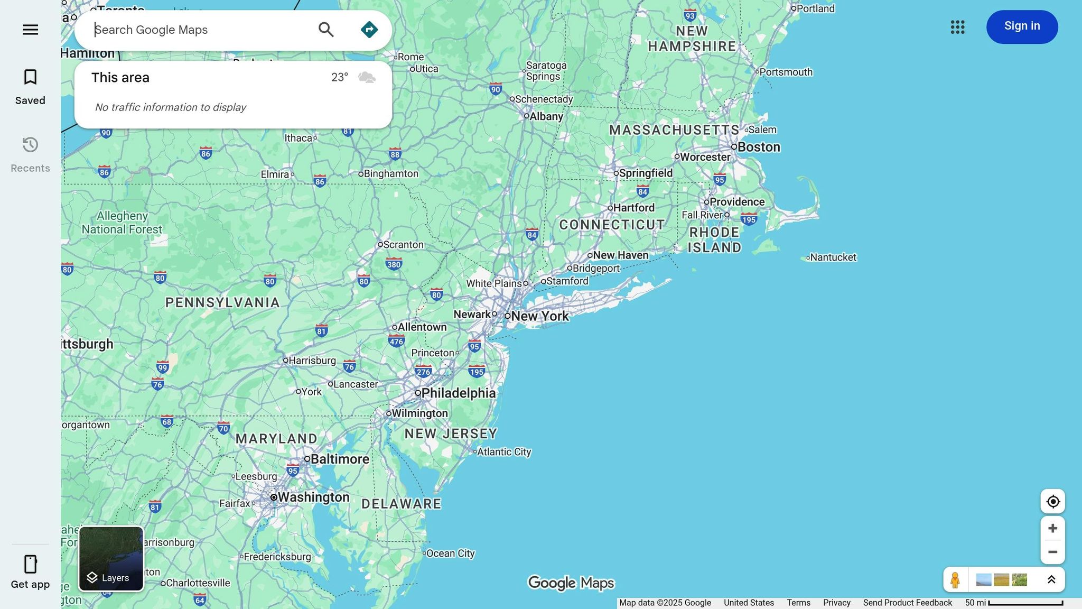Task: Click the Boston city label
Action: point(758,147)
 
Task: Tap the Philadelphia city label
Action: point(458,393)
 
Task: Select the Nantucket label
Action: point(833,257)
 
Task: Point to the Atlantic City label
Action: point(503,452)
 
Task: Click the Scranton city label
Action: point(403,245)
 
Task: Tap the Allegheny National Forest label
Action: point(122,223)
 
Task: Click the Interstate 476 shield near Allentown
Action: point(396,341)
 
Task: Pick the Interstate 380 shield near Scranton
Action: point(394,264)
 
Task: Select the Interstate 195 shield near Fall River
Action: point(749,219)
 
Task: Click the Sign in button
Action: point(1022,26)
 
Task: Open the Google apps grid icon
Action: point(957,27)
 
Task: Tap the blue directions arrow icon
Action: point(369,30)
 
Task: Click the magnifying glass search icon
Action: point(326,30)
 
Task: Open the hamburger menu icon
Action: point(30,30)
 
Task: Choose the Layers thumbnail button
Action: point(111,559)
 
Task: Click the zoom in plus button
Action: point(1052,528)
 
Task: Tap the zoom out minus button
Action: point(1052,552)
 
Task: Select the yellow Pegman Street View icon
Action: point(955,580)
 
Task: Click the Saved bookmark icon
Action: point(30,77)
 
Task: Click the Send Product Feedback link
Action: point(907,603)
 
